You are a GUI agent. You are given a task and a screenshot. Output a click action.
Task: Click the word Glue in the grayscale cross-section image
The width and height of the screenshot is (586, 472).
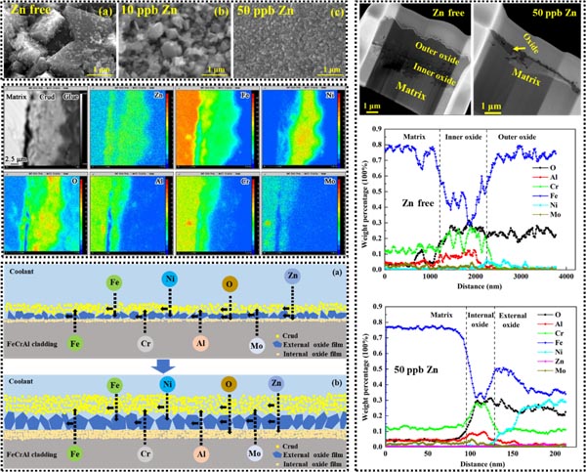(66, 97)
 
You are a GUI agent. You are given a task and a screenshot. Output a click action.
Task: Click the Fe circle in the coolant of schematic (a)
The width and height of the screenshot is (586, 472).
(114, 282)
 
